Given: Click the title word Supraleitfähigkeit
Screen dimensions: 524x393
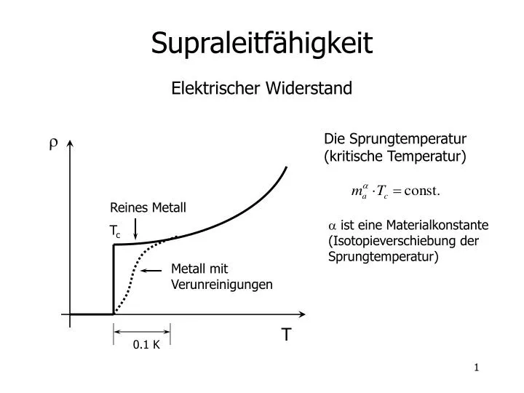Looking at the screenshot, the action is [x=262, y=44].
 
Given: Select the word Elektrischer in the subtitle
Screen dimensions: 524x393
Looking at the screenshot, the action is [x=215, y=88].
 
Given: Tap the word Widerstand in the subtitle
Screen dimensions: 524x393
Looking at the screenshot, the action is [x=309, y=88].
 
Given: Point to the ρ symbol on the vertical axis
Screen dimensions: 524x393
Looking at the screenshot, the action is [x=53, y=143].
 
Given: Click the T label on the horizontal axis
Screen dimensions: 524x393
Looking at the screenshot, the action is [x=287, y=335].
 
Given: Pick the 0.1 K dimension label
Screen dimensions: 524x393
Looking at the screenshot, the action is [x=146, y=344].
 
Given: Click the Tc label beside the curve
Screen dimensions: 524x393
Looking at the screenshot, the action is [x=115, y=231].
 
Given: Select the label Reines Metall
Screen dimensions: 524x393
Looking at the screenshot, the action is [x=148, y=207].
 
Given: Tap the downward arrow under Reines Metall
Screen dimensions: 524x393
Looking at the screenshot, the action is [x=135, y=229].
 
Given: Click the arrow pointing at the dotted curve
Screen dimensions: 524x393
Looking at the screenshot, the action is [x=151, y=270].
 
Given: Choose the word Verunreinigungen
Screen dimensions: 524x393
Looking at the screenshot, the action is [x=222, y=285].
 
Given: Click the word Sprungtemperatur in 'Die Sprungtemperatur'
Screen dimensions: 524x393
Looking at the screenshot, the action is [x=408, y=139].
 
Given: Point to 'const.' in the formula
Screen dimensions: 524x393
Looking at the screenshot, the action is [x=421, y=191].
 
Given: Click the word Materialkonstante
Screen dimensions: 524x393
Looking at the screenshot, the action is [x=437, y=225].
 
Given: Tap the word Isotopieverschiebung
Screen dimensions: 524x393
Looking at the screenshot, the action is [x=392, y=241].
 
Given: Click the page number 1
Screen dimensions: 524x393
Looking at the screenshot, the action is [x=477, y=368].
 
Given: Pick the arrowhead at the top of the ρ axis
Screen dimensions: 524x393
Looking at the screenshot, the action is [x=70, y=143].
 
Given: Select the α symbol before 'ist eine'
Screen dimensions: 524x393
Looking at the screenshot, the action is [x=332, y=226].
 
